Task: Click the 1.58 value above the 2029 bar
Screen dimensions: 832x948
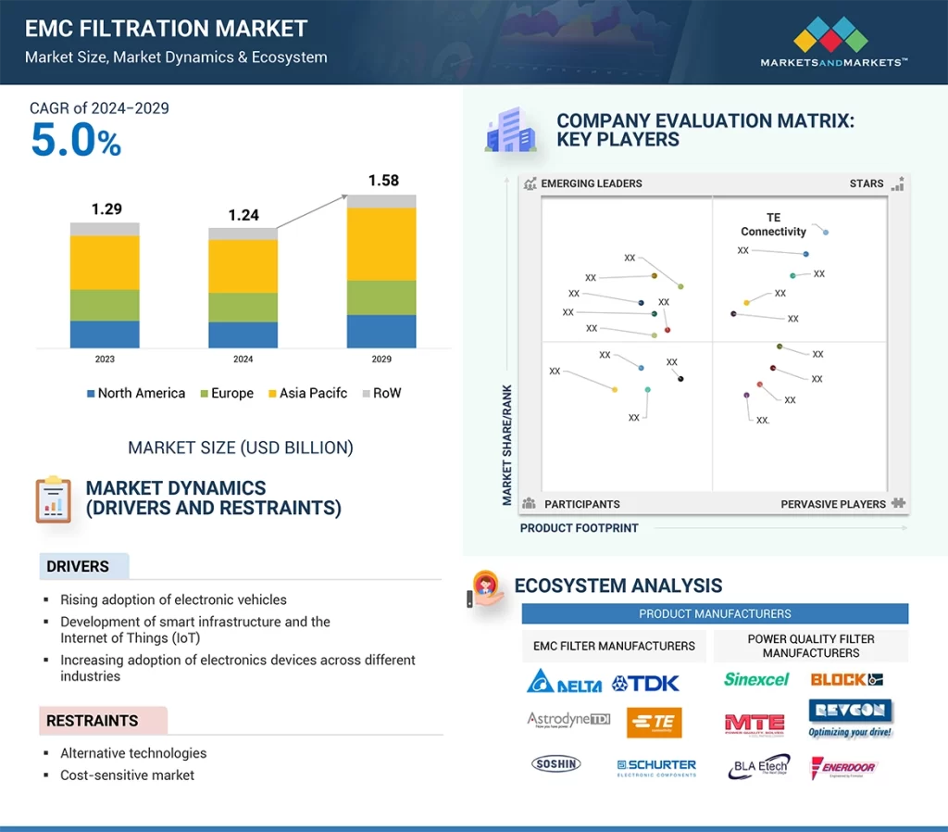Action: [x=383, y=181]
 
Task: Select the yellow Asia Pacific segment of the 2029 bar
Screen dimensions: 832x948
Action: [x=381, y=244]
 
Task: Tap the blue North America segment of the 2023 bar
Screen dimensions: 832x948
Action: [x=105, y=334]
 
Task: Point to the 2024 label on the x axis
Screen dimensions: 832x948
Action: [x=243, y=359]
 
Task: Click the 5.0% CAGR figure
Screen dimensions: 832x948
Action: [x=76, y=141]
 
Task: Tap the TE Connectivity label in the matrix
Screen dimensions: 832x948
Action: [x=773, y=225]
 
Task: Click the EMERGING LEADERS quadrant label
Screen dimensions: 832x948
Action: [x=591, y=183]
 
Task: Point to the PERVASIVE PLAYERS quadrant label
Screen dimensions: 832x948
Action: [x=833, y=504]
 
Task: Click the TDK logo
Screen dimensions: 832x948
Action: [x=646, y=684]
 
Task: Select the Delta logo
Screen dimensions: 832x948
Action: [x=564, y=683]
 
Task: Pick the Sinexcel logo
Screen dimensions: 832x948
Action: [x=755, y=679]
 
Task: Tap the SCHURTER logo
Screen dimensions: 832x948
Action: [x=656, y=767]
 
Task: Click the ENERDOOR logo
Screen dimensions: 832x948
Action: [x=843, y=767]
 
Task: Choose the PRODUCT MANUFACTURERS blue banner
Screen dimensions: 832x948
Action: [x=715, y=613]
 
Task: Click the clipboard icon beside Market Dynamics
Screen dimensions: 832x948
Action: [x=53, y=499]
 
